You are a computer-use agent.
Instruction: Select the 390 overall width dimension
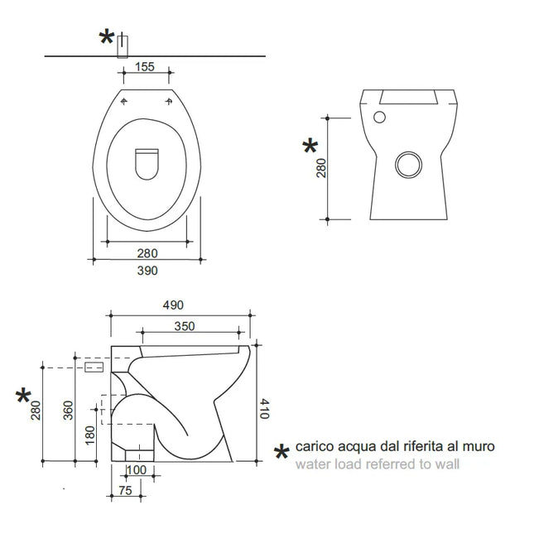pos(147,270)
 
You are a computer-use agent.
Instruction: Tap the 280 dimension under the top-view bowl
pos(147,252)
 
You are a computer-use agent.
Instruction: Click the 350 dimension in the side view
pos(184,326)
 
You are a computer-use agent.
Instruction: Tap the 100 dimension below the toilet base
pos(137,470)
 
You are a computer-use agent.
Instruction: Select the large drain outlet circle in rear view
pos(407,165)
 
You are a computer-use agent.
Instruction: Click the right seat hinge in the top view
pos(171,102)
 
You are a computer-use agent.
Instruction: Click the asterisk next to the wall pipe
pos(107,37)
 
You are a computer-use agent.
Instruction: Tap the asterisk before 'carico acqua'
pos(281,452)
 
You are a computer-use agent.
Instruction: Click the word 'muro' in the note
pos(479,446)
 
